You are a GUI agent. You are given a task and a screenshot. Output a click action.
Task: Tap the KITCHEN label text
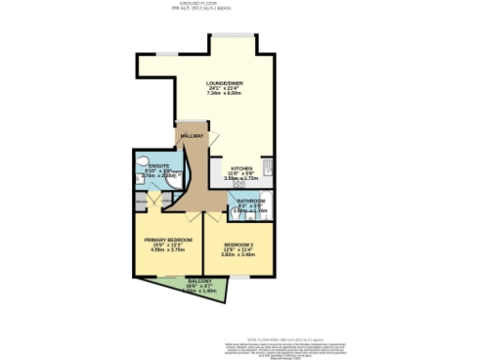click(229, 168)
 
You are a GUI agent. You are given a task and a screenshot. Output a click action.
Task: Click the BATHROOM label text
click(250, 201)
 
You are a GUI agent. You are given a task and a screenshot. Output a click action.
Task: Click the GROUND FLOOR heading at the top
click(240, 4)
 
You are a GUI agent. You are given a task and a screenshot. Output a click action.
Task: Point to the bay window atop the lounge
click(231, 37)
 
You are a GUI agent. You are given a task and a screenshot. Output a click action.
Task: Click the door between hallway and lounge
click(192, 125)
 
